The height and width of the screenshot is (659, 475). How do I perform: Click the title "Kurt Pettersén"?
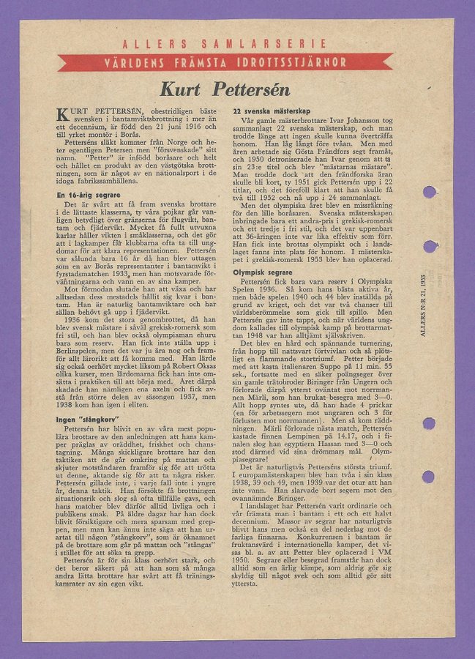tap(226, 89)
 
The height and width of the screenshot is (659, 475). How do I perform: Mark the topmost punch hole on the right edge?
tap(430, 192)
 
